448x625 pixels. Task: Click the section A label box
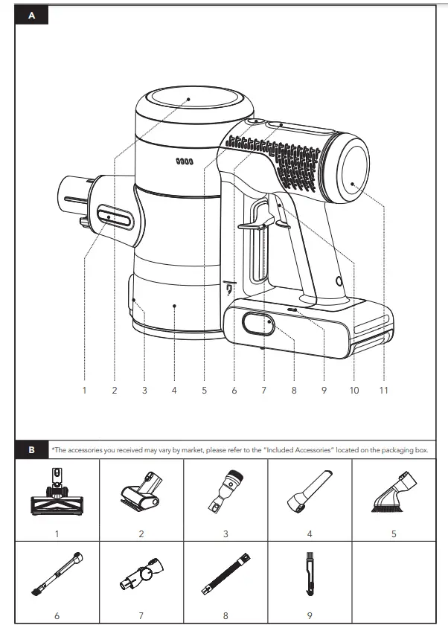[31, 16]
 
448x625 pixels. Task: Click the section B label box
[31, 450]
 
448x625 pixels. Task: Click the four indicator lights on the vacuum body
[184, 161]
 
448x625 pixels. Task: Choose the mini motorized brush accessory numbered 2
[141, 493]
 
